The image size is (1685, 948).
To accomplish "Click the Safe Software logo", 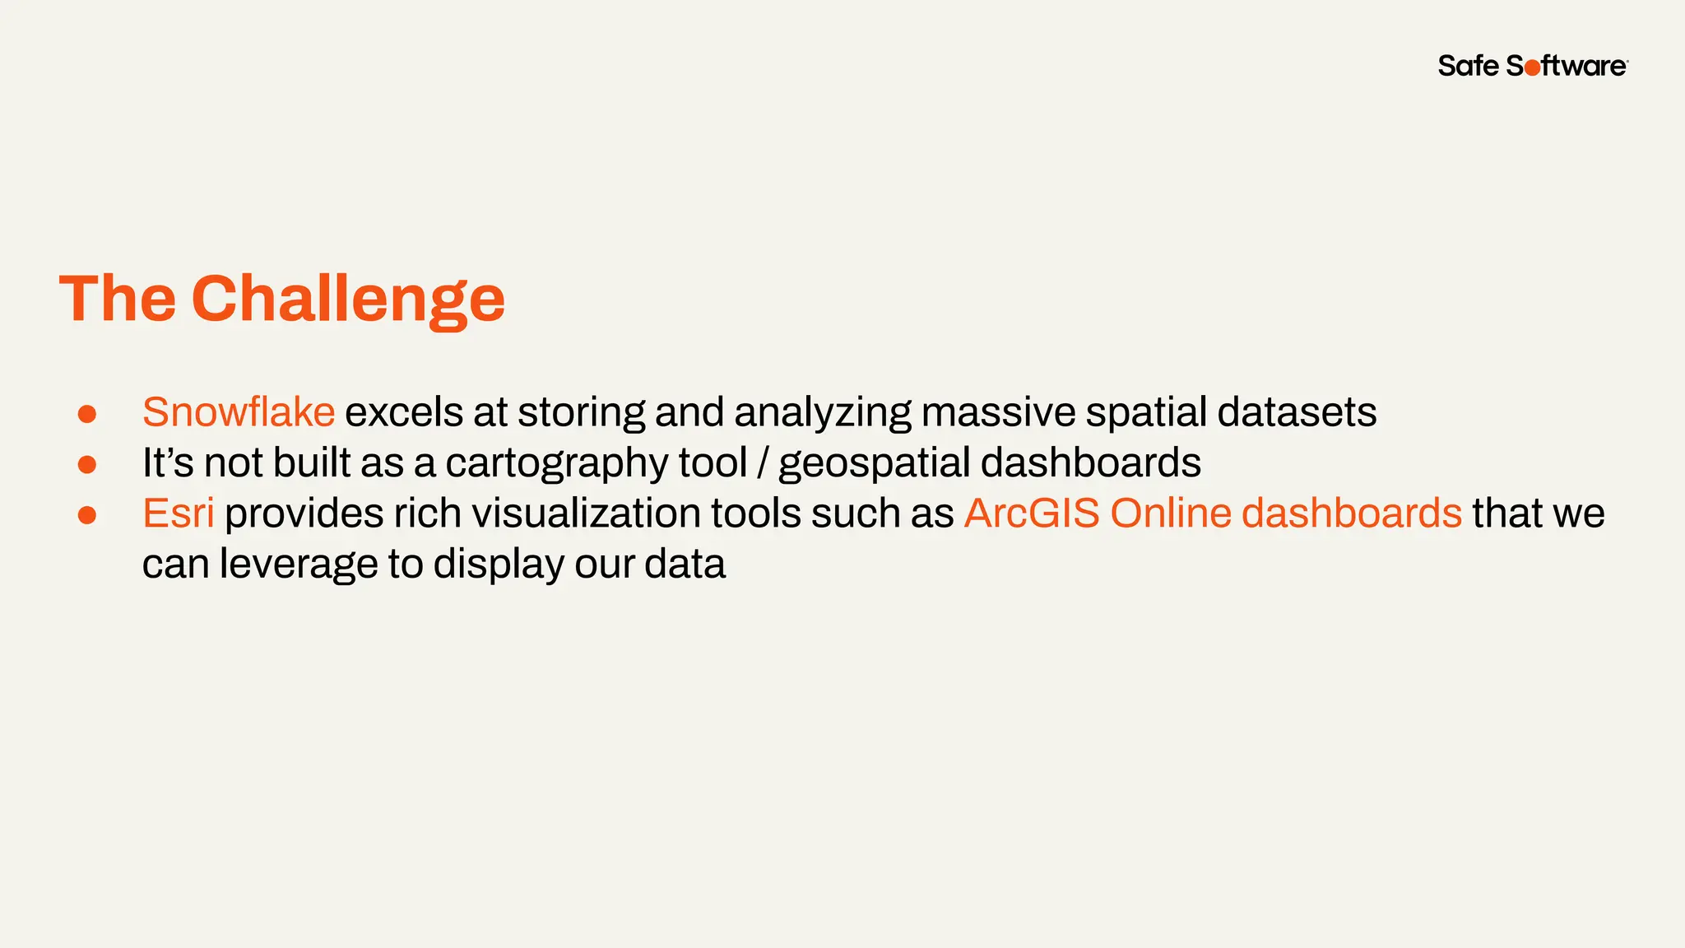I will pos(1532,66).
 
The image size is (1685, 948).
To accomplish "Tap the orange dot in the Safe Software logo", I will pos(1532,68).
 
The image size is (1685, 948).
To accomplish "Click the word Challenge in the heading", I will pos(348,300).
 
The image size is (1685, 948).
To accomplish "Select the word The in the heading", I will pos(118,298).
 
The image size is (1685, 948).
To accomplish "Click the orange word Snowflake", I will pos(239,411).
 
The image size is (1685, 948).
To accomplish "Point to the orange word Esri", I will pos(179,513).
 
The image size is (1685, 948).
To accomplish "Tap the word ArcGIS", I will pos(1032,513).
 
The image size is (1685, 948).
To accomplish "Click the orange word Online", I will pos(1170,513).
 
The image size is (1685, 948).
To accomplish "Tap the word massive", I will pos(998,411).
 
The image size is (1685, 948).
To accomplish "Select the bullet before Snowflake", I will pos(87,414).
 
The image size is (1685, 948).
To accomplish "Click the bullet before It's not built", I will pos(87,465).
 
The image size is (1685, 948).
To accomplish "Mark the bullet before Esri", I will pos(87,516).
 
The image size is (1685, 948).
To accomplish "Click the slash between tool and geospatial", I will pos(763,464).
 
